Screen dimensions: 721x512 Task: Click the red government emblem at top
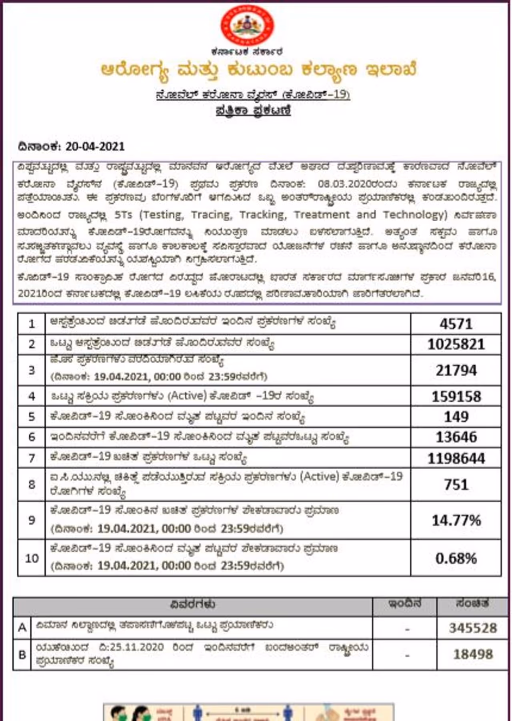pos(248,25)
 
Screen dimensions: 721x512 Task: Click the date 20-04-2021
pos(95,146)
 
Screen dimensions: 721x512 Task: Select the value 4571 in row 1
pos(456,324)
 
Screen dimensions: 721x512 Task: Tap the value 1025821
pos(456,344)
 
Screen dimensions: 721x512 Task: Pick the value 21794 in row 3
pos(456,371)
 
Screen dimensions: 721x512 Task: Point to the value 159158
pos(456,397)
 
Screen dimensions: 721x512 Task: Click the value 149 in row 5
pos(456,417)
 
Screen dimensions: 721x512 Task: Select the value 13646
pos(456,437)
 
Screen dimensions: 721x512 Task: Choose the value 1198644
pos(456,458)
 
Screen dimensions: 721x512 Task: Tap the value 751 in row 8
pos(456,485)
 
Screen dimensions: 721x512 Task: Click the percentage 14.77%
pos(456,520)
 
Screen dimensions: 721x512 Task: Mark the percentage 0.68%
pos(456,558)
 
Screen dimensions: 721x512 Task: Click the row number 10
pos(32,558)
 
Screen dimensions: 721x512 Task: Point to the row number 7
pos(32,458)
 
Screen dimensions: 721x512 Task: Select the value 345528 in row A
pos(473,628)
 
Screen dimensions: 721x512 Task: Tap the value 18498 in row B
pos(473,655)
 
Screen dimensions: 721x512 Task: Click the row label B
pos(22,655)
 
